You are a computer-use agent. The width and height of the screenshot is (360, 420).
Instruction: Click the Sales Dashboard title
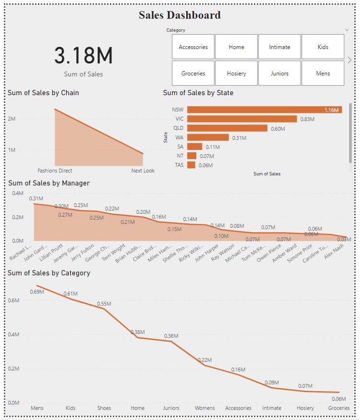[180, 15]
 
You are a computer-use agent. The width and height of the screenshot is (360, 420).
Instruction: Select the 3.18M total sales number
[83, 56]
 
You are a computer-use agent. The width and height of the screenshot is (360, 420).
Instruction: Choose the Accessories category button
[193, 47]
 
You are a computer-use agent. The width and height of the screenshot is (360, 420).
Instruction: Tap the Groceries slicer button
[193, 74]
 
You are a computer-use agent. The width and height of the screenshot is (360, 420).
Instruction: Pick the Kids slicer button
[323, 47]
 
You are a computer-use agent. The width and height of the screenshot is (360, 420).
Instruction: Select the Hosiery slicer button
[236, 74]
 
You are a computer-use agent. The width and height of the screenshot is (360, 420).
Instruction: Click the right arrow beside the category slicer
[350, 60]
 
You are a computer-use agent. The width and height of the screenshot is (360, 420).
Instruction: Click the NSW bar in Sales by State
[264, 110]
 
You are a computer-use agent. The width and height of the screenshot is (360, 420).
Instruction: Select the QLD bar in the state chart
[227, 128]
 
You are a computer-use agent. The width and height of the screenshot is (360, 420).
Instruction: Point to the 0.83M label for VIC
[307, 119]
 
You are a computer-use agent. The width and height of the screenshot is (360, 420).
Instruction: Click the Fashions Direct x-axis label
[55, 171]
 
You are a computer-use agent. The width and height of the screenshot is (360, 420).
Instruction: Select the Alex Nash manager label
[338, 252]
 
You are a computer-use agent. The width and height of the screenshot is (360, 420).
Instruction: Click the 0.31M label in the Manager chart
[36, 198]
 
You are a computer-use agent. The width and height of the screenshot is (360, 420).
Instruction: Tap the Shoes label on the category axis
[104, 408]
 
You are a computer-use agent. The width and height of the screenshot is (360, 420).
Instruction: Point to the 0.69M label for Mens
[36, 292]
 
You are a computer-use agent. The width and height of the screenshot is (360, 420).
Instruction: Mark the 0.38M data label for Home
[138, 332]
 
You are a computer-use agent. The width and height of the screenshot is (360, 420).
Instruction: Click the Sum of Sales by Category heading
[49, 273]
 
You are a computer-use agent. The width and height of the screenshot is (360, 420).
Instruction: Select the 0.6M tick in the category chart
[13, 300]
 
